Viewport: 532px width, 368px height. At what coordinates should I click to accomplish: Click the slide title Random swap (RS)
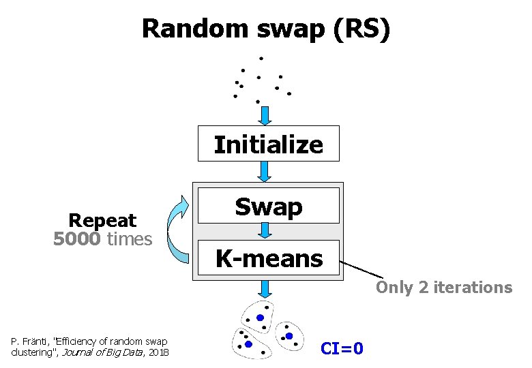click(266, 29)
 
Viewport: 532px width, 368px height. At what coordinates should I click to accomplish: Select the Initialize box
click(268, 144)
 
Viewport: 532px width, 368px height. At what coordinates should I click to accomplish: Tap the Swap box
click(268, 206)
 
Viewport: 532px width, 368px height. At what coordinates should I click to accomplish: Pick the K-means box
click(268, 258)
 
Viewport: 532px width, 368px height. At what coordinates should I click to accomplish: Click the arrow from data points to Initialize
click(265, 115)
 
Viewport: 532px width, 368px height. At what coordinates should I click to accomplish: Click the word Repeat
click(102, 221)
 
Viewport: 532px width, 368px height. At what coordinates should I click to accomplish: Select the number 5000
click(77, 239)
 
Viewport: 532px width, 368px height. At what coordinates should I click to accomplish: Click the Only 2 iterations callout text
click(443, 288)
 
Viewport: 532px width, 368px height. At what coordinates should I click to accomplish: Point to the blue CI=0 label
click(342, 349)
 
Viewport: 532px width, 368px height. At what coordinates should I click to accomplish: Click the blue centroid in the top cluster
click(261, 318)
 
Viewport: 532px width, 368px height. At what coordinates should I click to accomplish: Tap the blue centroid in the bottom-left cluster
click(248, 345)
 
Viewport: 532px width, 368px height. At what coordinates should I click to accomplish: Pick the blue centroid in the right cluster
click(289, 336)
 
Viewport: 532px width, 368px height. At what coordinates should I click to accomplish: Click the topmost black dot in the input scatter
click(261, 59)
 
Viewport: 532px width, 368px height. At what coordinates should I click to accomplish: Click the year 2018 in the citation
click(158, 352)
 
